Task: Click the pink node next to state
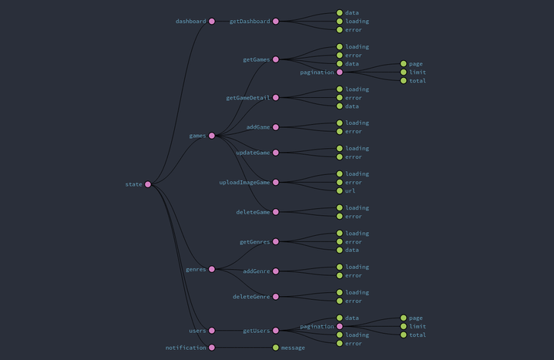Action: (x=148, y=184)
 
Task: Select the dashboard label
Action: (x=190, y=22)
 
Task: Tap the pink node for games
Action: (x=212, y=136)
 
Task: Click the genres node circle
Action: (x=212, y=269)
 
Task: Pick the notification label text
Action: (x=186, y=348)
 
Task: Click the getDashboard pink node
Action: (x=276, y=22)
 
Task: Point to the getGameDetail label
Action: (x=247, y=98)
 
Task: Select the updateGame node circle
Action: (x=276, y=153)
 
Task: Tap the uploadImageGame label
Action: (x=244, y=183)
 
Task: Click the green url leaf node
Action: (x=339, y=190)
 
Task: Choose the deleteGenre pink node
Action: (x=276, y=297)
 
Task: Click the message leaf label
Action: (x=293, y=348)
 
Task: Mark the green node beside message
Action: (x=276, y=348)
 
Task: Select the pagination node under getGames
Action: (x=339, y=72)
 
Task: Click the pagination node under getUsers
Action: (x=339, y=326)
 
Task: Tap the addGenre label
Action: (x=256, y=271)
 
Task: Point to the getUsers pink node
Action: (x=276, y=331)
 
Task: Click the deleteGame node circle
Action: (x=276, y=212)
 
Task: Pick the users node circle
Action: (x=212, y=331)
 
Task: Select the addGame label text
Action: (x=257, y=127)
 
